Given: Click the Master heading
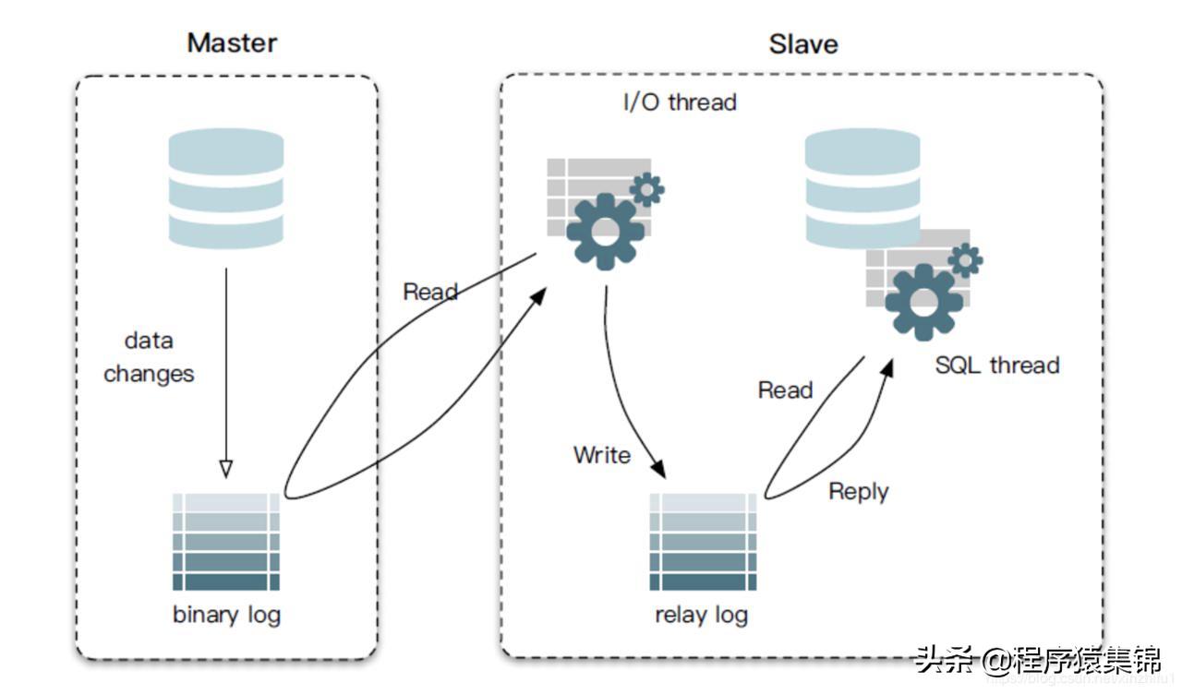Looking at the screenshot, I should coord(232,42).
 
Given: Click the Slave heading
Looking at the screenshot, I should coord(803,44).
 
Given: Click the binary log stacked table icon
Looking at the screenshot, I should coord(226,542).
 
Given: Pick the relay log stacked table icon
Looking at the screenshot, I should coord(703,542).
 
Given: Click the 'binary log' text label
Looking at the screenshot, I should coord(226,615).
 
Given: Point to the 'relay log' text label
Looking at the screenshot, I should coord(701,615).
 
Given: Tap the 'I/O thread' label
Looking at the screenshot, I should coord(680,102).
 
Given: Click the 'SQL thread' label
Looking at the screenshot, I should coord(996,365).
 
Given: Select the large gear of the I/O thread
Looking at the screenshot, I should coord(605,231).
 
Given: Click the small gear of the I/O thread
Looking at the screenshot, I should coord(646,189).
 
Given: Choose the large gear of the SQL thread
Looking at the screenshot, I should coord(923,302).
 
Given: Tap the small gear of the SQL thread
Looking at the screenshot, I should coord(965,260).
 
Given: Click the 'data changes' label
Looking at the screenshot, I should coord(149,357).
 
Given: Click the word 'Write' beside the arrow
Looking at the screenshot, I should coord(602,455).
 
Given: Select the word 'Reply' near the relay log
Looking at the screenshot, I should coord(858,492).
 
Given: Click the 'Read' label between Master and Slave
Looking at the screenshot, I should coord(430,293).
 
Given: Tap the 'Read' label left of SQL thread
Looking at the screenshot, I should coord(785,390).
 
